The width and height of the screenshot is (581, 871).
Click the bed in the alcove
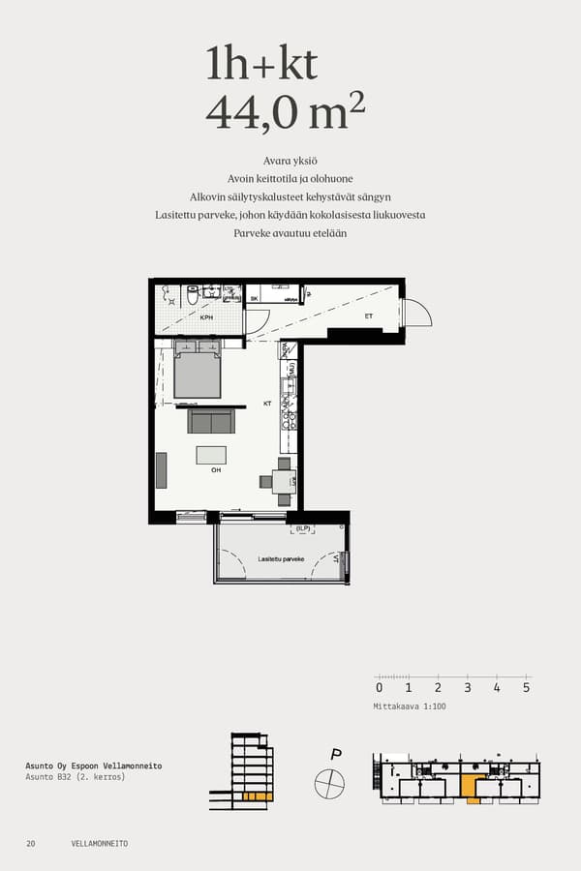198,374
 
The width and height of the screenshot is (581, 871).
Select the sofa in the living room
211,421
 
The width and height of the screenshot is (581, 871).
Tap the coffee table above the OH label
211,455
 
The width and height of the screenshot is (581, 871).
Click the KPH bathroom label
206,317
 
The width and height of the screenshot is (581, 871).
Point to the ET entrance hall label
368,315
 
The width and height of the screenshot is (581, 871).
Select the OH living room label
216,470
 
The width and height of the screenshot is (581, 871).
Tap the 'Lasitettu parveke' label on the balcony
281,559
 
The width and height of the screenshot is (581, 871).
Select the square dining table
283,481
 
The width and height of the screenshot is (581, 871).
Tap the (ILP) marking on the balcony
303,528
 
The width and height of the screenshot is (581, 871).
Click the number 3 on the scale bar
468,688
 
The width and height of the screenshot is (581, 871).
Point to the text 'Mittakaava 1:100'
410,706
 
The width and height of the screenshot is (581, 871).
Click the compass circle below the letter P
329,781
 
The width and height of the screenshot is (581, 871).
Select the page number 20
31,844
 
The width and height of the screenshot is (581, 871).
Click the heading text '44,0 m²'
286,112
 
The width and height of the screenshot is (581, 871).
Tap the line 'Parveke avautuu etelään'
290,233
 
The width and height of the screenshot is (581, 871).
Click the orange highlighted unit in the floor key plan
472,788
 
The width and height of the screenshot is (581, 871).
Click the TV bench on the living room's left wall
161,470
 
